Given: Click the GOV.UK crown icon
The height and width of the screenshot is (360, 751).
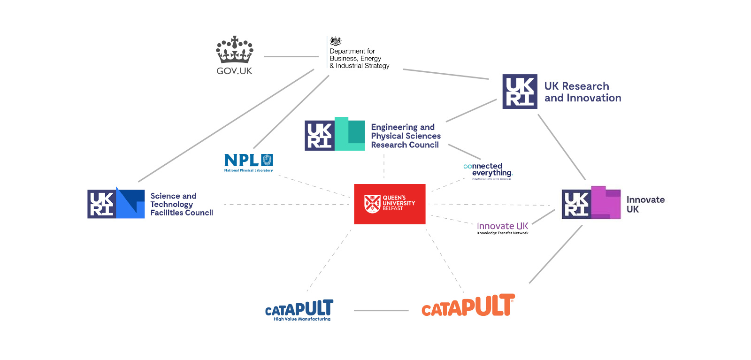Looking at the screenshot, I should click(x=234, y=50).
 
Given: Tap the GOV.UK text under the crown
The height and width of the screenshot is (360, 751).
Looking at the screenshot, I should click(x=234, y=71).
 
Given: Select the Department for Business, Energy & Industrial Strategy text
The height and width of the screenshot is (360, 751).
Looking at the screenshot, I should click(x=359, y=58).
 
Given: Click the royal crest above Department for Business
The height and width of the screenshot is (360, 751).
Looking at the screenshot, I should click(x=336, y=41).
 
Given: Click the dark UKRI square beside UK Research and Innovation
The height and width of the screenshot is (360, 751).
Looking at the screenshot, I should click(x=520, y=92).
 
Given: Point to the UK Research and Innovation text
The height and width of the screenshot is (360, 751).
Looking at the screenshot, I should click(x=582, y=92).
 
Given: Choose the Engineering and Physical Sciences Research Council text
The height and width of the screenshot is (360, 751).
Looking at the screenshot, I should click(x=406, y=136).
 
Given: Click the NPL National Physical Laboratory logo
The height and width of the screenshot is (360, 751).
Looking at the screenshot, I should click(x=248, y=162).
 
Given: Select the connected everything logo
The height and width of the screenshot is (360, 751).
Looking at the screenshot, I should click(x=488, y=171).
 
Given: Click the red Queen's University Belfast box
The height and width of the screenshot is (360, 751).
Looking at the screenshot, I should click(x=390, y=204).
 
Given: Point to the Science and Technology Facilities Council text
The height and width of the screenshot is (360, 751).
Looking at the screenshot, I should click(x=181, y=204).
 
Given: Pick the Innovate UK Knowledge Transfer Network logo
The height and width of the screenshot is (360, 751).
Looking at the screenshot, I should click(x=503, y=228).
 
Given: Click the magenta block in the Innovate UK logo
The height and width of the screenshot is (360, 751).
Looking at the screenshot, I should click(x=605, y=202).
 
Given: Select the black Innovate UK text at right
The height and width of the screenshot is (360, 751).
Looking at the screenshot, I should click(x=645, y=204).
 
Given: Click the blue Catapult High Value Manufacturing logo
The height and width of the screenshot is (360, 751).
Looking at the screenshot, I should click(x=299, y=310).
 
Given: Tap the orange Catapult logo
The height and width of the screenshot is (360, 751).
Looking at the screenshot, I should click(x=468, y=306).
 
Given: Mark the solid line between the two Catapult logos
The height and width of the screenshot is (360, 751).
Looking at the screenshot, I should click(x=381, y=310).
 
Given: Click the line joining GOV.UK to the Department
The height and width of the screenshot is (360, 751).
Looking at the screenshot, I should click(x=291, y=57).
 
